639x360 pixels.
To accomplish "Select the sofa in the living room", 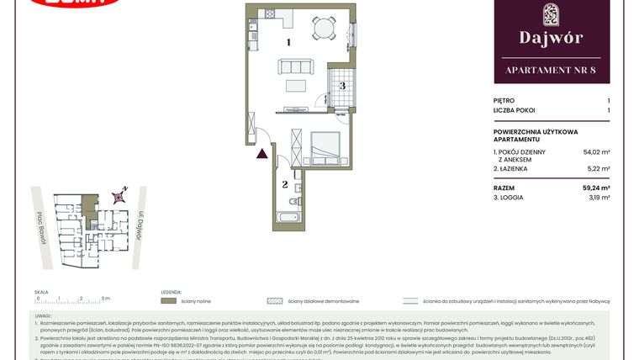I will pyautogui.click(x=295, y=67).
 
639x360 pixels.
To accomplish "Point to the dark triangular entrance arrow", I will pyautogui.click(x=263, y=153).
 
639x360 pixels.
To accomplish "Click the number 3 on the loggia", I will pyautogui.click(x=342, y=85).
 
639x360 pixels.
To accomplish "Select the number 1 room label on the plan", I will pyautogui.click(x=288, y=42).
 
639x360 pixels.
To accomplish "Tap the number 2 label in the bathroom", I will pyautogui.click(x=285, y=183).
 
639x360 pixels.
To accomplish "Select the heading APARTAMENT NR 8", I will pyautogui.click(x=552, y=71).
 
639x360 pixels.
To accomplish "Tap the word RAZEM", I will pyautogui.click(x=504, y=188).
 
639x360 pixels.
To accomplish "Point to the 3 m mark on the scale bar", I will pyautogui.click(x=104, y=298).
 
